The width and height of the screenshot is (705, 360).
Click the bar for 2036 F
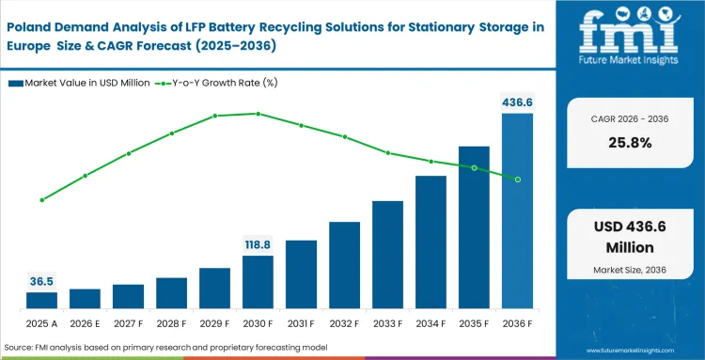517,211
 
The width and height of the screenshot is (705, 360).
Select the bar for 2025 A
41,301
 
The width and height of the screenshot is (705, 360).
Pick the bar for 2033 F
387,255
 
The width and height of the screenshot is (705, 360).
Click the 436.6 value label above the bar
517,101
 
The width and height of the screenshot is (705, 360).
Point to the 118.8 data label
258,243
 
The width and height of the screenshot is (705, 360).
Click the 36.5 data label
41,280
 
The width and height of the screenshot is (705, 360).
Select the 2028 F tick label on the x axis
171,323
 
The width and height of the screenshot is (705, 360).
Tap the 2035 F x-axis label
474,323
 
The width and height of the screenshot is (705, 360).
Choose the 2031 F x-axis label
301,323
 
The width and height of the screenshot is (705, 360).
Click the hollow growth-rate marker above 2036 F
517,179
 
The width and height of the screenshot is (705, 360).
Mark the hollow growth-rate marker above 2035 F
474,168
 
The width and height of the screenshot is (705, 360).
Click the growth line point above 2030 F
258,114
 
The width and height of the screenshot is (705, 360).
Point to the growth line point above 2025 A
41,200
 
